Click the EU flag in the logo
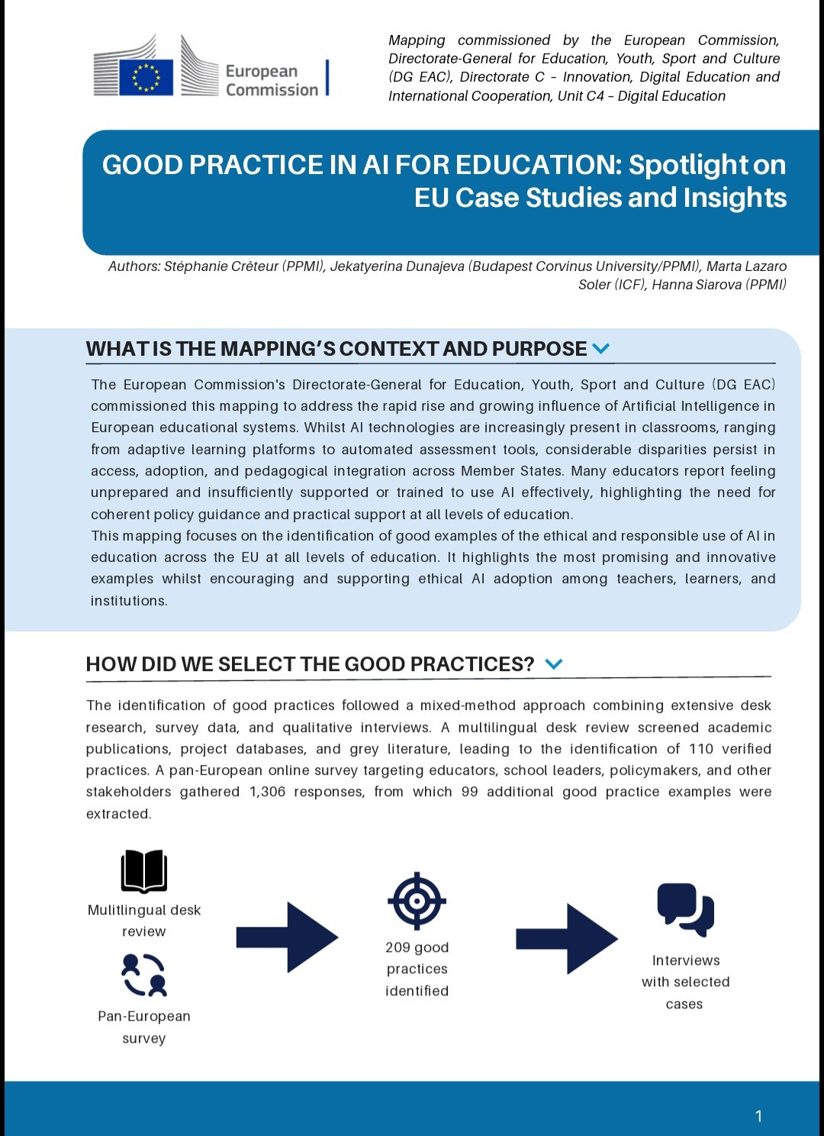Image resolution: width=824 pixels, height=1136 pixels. point(146,77)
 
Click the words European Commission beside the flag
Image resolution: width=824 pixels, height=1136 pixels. point(271,80)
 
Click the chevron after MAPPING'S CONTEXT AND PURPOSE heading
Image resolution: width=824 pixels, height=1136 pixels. point(601,349)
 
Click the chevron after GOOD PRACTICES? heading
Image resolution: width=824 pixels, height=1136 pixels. point(554,664)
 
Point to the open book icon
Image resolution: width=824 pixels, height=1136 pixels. point(143,871)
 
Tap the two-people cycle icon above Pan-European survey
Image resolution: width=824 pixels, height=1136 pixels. point(143,975)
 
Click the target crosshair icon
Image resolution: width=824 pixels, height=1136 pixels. point(417,901)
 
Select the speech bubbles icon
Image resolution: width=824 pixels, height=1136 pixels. point(685,908)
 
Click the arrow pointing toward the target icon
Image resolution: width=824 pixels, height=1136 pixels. point(287,937)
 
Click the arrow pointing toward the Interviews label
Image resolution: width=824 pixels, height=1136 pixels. point(567,938)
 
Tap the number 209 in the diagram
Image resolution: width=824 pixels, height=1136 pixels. point(398,947)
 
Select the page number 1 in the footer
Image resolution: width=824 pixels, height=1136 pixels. point(758,1116)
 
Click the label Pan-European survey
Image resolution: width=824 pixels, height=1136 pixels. point(143,1027)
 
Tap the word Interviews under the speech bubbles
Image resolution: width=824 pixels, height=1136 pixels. point(685,960)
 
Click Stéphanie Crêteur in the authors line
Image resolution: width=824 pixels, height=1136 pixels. point(220,266)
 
